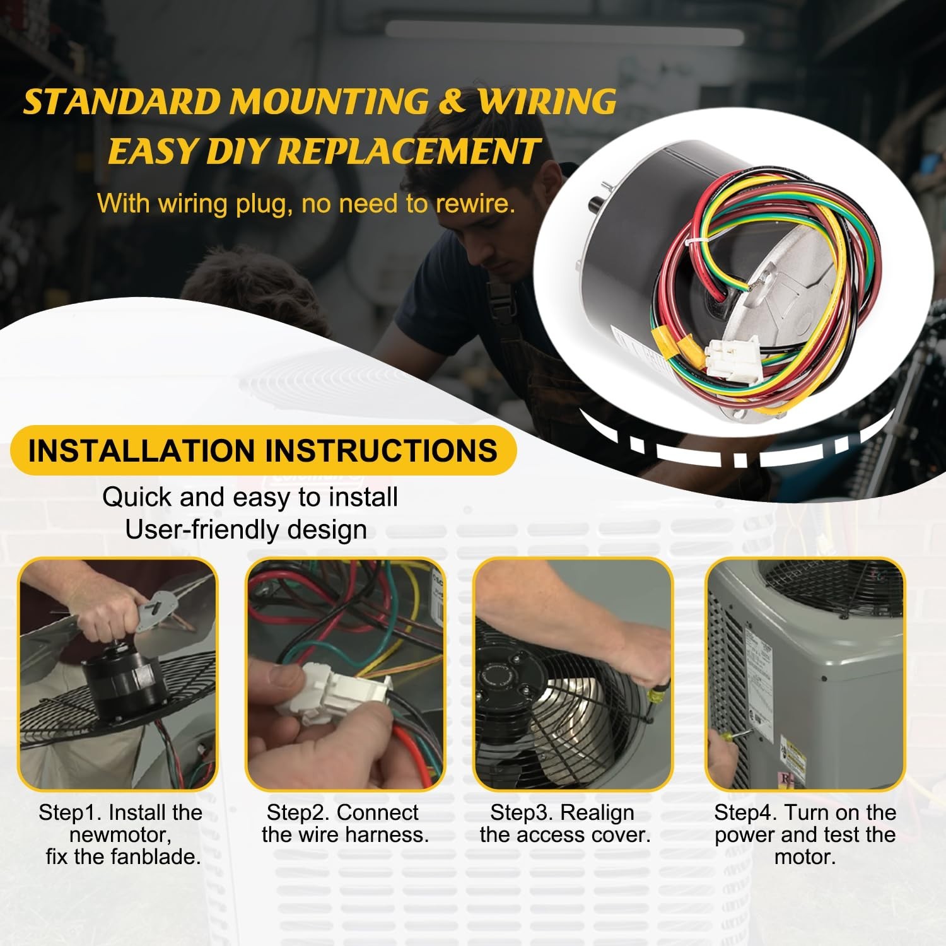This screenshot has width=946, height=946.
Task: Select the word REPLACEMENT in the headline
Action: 408,151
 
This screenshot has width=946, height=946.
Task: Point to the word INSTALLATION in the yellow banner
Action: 143,450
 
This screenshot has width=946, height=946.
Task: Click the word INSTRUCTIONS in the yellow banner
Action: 381,450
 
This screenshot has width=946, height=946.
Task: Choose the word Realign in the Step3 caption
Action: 597,813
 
